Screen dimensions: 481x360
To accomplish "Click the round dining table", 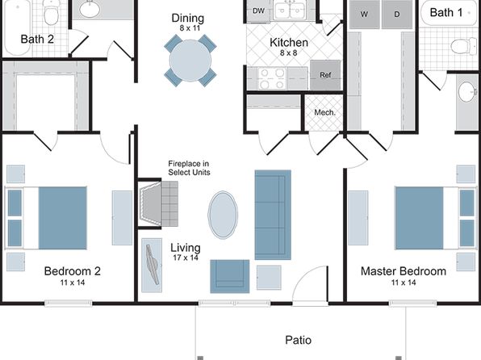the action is coord(190,61).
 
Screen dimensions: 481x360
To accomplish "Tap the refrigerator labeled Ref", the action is coord(325,74).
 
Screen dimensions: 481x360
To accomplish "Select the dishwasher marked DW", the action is coord(258,10).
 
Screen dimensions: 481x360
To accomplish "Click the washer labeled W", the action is coord(364,14).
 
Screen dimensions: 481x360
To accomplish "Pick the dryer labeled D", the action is coord(397,14).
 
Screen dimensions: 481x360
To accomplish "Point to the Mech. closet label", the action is coord(325,113).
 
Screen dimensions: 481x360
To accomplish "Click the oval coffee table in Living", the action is coord(223,215).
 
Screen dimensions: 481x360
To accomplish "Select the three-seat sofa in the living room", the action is coord(273,215).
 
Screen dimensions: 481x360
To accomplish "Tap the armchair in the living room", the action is coord(229,277).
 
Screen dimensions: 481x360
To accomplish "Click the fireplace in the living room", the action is coord(158,203).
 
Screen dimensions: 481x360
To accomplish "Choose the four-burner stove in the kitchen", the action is coord(272,78).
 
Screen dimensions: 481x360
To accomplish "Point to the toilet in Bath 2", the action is coord(51,12).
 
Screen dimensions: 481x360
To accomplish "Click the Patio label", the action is coord(298,340).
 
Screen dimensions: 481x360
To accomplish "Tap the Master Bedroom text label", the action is coord(404,271).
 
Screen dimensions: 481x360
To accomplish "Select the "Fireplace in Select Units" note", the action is coord(189,168).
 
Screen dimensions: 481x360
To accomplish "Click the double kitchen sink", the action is coord(291,10).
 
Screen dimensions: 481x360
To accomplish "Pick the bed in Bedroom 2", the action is coord(46,218).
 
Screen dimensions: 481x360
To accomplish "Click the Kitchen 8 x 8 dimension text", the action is coord(289,52).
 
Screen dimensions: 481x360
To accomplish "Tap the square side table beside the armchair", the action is coord(269,278).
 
